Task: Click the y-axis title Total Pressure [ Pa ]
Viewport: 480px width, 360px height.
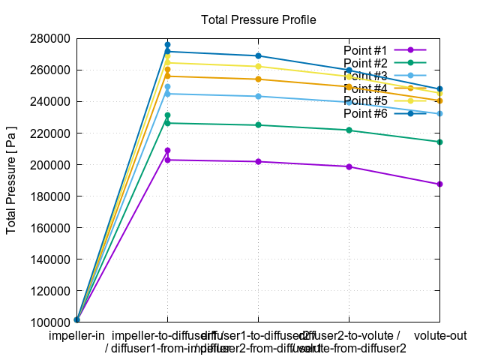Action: [x=11, y=180]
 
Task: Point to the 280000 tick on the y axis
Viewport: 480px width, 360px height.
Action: [x=50, y=38]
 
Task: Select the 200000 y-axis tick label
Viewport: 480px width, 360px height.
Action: [x=50, y=165]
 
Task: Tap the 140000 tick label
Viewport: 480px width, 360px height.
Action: [x=50, y=259]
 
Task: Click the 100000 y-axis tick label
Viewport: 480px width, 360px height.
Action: [x=50, y=322]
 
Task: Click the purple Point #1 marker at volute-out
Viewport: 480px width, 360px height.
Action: [x=439, y=184]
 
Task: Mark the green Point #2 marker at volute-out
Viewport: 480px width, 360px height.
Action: [x=439, y=142]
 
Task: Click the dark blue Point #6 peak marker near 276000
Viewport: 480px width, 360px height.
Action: [x=167, y=45]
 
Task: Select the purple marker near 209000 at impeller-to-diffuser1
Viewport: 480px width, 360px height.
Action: [x=167, y=151]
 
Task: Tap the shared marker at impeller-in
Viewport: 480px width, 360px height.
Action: [x=76, y=319]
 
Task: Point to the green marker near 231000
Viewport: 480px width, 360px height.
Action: [x=167, y=115]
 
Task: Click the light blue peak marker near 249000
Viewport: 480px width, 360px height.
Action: [x=167, y=87]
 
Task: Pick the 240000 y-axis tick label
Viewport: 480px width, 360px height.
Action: [x=50, y=101]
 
